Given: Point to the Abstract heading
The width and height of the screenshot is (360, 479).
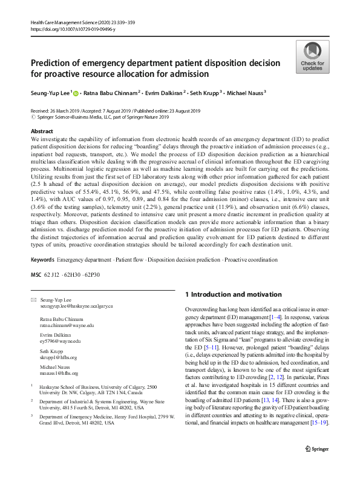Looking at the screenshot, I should pos(42,131).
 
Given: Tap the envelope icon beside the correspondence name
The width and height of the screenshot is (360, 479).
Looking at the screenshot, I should pos(33,300).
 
